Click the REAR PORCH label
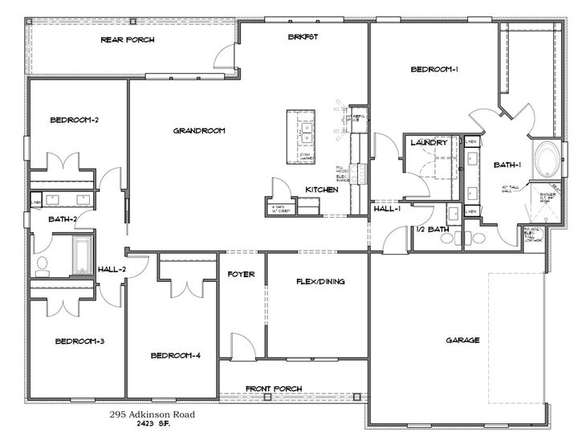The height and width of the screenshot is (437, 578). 128,39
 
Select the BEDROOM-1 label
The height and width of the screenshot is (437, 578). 434,70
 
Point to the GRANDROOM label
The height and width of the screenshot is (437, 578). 198,130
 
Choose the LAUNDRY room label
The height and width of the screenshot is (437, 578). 427,143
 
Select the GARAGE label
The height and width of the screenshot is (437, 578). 462,340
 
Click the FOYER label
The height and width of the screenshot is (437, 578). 241,275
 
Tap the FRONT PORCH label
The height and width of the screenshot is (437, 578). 274,388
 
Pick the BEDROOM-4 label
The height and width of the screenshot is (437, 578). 176,355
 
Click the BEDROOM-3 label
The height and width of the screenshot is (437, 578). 79,341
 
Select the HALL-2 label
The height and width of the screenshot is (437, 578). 112,268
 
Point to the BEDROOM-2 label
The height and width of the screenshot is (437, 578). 74,120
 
